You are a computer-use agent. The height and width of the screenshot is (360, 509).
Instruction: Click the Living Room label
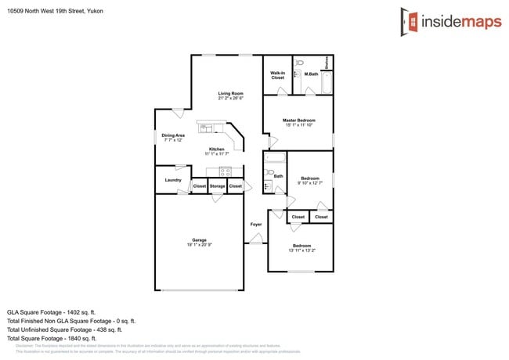coord(230,93)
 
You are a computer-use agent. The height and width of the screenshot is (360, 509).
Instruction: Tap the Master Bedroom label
coord(298,120)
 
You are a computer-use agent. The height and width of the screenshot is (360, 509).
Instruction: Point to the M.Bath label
coord(311,74)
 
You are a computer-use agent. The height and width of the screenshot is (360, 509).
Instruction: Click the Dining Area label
coord(173,135)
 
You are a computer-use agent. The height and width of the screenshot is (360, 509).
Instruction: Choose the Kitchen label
coord(216,149)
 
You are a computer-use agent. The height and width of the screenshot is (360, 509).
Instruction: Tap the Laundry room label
coord(173,180)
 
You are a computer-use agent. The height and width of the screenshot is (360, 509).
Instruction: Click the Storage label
coord(217,186)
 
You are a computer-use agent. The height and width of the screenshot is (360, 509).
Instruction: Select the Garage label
coord(200,239)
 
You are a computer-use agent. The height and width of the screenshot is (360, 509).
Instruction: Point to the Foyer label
coord(256,225)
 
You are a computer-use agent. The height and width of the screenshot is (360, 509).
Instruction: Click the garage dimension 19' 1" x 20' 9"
coord(200,245)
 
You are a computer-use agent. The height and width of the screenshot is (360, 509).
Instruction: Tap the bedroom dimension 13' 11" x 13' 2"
coord(301,250)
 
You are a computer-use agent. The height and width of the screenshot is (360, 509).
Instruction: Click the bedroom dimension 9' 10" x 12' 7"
coord(310,183)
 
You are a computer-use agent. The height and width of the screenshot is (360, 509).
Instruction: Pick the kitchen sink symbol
coord(206,128)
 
